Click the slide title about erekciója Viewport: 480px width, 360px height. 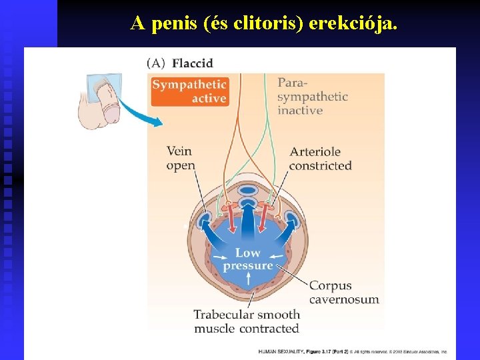click(x=264, y=23)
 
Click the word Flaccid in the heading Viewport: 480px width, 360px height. click(x=192, y=63)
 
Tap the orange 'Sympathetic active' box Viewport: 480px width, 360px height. click(x=189, y=91)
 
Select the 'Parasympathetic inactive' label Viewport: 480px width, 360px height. click(x=312, y=97)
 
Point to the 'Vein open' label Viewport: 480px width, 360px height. click(x=181, y=158)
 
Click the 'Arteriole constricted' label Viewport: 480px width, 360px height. click(x=320, y=159)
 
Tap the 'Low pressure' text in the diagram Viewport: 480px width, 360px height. click(x=248, y=259)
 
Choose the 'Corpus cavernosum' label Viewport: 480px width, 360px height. click(x=343, y=293)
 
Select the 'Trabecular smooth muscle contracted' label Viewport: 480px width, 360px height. click(x=247, y=321)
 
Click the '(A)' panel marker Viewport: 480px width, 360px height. click(x=156, y=63)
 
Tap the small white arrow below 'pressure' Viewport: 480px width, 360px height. click(x=248, y=279)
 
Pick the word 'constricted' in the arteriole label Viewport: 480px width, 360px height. click(x=320, y=165)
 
